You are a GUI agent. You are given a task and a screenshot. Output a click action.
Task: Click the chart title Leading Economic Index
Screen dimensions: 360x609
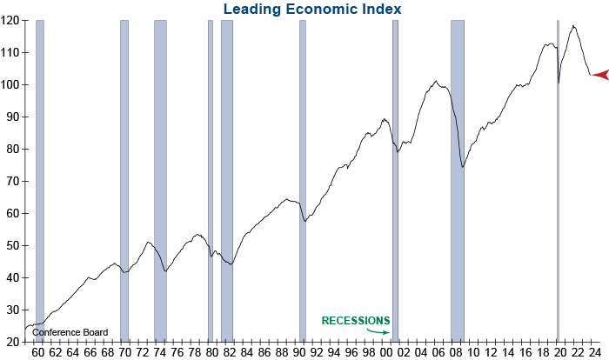click(311, 9)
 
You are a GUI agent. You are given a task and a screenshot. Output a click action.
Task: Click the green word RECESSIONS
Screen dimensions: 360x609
click(356, 321)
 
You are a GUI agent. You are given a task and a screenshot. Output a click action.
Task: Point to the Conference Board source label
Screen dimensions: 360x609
click(70, 332)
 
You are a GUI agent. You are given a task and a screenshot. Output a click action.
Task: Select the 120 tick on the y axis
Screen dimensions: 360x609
click(11, 20)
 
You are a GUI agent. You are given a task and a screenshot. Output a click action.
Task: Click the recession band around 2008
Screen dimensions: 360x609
click(457, 174)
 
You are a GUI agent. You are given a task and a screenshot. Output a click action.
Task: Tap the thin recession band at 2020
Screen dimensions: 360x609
click(558, 174)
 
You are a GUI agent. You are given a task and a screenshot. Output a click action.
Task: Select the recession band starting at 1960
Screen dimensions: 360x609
click(39, 174)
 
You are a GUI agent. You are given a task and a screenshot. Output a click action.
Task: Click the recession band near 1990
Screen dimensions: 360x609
click(302, 174)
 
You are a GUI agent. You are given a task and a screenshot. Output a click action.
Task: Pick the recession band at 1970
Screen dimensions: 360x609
click(124, 174)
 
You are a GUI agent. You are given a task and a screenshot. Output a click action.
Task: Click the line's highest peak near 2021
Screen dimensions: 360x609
click(573, 26)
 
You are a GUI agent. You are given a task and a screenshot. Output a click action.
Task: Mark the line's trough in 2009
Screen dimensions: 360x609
click(463, 167)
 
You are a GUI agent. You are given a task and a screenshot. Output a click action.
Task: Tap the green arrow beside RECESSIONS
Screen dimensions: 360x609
click(378, 330)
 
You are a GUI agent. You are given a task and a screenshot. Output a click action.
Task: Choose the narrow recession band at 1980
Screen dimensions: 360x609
click(210, 174)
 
